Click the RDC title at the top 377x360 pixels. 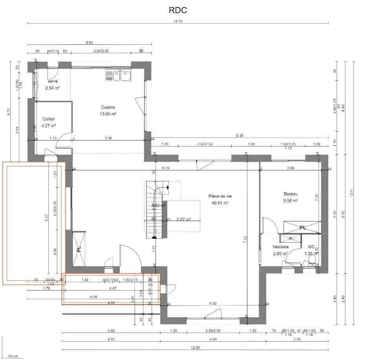tap(178, 9)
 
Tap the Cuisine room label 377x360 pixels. tap(108, 107)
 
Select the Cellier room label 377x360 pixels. tap(49, 119)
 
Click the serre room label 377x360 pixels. tap(52, 81)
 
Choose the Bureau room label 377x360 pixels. tap(291, 194)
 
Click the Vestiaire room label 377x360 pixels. tap(280, 247)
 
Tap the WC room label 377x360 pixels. tap(311, 247)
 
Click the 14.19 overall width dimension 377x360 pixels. tap(178, 21)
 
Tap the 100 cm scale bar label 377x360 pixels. tap(13, 356)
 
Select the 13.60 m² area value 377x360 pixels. tap(108, 114)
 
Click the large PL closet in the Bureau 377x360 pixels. tap(302, 227)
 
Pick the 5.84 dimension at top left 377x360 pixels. tap(89, 42)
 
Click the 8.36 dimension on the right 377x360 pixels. tap(240, 135)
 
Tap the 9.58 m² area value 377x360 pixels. tap(291, 201)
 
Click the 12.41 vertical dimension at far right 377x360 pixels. tap(352, 193)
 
